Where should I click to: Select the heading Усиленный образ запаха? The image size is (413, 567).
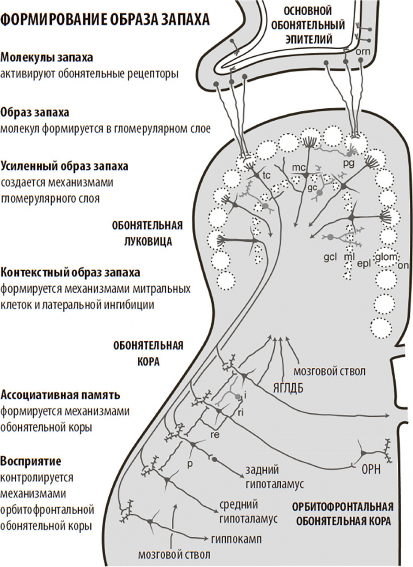click(64, 167)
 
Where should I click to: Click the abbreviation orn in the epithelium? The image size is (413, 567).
click(362, 52)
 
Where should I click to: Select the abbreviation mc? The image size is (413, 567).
click(299, 167)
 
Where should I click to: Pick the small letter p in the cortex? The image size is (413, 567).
click(191, 463)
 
